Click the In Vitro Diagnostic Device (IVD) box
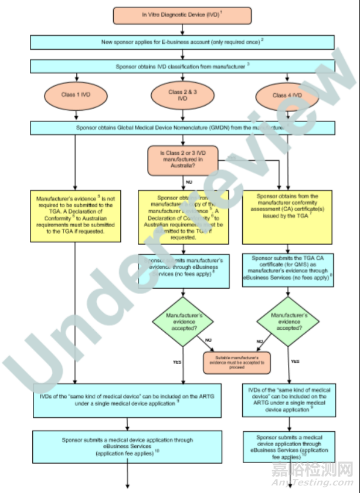[x=182, y=15]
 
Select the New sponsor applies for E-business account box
[x=182, y=42]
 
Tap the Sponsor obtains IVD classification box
[x=182, y=67]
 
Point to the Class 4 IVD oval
[x=287, y=95]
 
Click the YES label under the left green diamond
[x=178, y=362]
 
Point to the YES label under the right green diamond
[x=296, y=362]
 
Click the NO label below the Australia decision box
[x=189, y=182]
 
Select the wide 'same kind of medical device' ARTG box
[x=126, y=402]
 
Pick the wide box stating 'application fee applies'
[x=126, y=447]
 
